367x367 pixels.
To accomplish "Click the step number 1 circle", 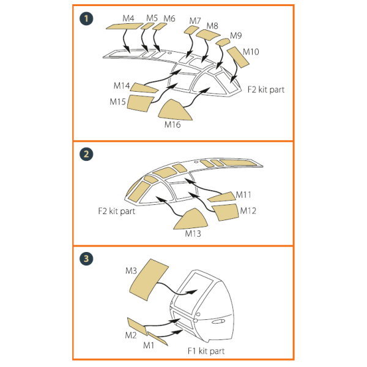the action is point(86,18).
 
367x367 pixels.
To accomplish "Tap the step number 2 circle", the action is point(86,154).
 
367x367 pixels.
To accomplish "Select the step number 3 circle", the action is point(86,258).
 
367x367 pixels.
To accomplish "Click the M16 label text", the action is point(172,125).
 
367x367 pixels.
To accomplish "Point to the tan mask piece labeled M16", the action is point(175,110).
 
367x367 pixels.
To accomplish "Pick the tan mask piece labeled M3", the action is point(149,280).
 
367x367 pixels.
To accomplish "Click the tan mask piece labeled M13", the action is point(191,219).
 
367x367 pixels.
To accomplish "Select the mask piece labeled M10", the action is point(238,57).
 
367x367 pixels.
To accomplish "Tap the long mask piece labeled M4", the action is point(125,26).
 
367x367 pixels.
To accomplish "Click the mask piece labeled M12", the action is point(225,212).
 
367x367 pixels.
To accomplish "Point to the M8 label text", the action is point(212,26).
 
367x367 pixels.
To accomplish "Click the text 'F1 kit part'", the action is point(206,351).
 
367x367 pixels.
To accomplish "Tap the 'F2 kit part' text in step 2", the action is point(117,211).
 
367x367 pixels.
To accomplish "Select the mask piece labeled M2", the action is point(138,326).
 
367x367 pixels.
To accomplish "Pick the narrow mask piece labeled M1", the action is point(158,338).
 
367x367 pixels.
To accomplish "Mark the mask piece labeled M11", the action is point(221,197).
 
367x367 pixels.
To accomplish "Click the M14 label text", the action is point(122,86).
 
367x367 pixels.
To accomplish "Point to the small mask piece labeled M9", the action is point(223,42).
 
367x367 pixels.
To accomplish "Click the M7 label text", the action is point(195,21).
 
